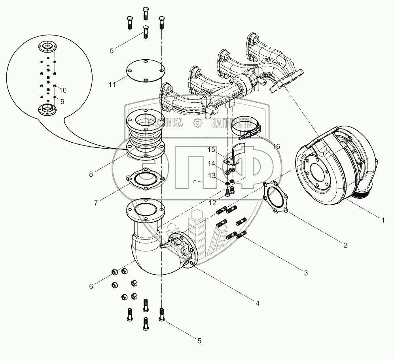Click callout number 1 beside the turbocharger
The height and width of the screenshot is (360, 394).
tap(382, 221)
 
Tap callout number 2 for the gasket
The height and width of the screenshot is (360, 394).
tap(345, 245)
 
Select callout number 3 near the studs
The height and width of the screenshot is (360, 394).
tap(306, 273)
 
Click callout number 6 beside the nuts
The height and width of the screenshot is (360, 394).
tap(91, 286)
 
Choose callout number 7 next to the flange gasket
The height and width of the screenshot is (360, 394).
tap(96, 203)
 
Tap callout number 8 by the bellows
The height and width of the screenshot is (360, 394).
tap(91, 173)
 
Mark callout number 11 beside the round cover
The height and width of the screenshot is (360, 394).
tap(112, 84)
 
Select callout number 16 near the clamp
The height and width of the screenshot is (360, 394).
tap(276, 147)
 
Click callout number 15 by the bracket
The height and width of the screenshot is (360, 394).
tap(211, 150)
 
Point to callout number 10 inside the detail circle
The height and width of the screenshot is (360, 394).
tap(63, 90)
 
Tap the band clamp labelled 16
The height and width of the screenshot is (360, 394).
tap(246, 126)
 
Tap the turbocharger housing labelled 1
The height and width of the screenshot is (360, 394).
tap(336, 166)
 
